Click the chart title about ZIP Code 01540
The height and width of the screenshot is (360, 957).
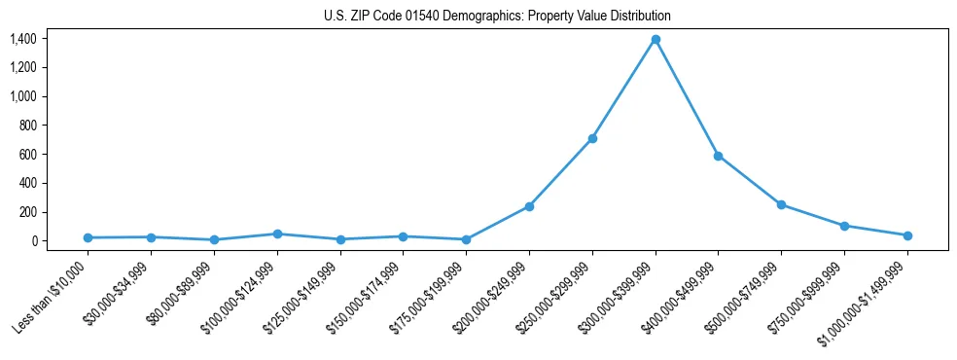[497, 17]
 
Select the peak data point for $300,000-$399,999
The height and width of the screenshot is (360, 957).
[656, 39]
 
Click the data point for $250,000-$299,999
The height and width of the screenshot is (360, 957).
[592, 138]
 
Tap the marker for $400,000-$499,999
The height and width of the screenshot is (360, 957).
[718, 156]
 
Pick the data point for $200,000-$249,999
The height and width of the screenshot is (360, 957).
[529, 206]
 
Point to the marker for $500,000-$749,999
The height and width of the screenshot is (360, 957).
[781, 204]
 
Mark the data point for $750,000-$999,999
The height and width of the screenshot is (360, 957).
[844, 226]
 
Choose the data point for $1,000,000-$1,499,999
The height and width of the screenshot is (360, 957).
[907, 235]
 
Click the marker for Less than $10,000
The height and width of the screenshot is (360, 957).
[88, 237]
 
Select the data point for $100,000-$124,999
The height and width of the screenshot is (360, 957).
[277, 234]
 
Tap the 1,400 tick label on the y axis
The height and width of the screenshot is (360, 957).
[23, 39]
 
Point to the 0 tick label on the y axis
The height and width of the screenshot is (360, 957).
[33, 241]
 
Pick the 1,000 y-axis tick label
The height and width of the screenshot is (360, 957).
[23, 96]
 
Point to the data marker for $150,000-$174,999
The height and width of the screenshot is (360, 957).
[403, 236]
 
